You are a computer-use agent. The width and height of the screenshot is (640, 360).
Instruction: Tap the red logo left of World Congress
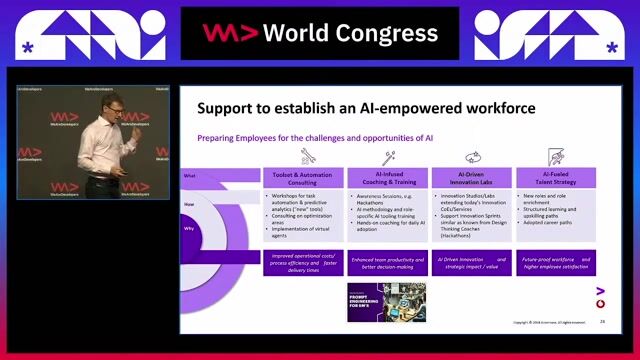click(x=223, y=32)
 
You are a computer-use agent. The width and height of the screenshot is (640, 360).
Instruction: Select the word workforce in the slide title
click(x=494, y=108)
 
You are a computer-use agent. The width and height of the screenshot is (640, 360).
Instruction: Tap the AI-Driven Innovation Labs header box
click(x=471, y=177)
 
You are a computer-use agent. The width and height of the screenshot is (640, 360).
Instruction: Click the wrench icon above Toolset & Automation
click(x=307, y=156)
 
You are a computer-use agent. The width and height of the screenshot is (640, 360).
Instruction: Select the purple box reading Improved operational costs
click(x=303, y=263)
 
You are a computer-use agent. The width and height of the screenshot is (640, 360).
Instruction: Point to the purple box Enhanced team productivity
click(x=387, y=263)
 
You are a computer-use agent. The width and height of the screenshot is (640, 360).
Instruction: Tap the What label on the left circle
click(x=188, y=175)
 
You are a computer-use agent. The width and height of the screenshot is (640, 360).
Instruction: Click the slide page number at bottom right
click(x=602, y=322)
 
